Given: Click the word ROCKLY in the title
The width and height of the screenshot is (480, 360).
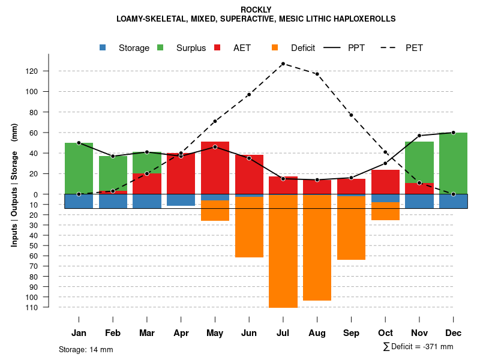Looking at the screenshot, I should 256,10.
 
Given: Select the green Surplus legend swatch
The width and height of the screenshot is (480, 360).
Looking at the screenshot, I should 160,48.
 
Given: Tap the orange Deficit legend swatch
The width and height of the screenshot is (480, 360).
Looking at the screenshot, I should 275,48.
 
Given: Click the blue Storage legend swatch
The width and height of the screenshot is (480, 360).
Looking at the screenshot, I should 103,48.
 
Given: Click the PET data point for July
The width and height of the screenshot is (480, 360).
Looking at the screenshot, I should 283,64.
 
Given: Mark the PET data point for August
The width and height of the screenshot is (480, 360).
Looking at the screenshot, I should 317,74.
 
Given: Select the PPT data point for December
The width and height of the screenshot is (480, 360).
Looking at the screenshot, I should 453,133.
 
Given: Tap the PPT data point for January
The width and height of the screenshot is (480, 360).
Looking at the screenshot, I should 79,143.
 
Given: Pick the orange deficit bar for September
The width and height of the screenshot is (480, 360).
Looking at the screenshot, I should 351,228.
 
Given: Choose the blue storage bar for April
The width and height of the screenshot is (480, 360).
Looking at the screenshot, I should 181,200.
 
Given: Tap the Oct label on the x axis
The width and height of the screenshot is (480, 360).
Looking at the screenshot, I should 385,333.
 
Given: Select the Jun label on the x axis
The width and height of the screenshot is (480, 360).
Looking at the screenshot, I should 248,333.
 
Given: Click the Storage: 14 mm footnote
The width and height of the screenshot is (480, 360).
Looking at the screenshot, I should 86,349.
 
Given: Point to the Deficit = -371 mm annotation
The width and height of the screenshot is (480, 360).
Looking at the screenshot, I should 418,347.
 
